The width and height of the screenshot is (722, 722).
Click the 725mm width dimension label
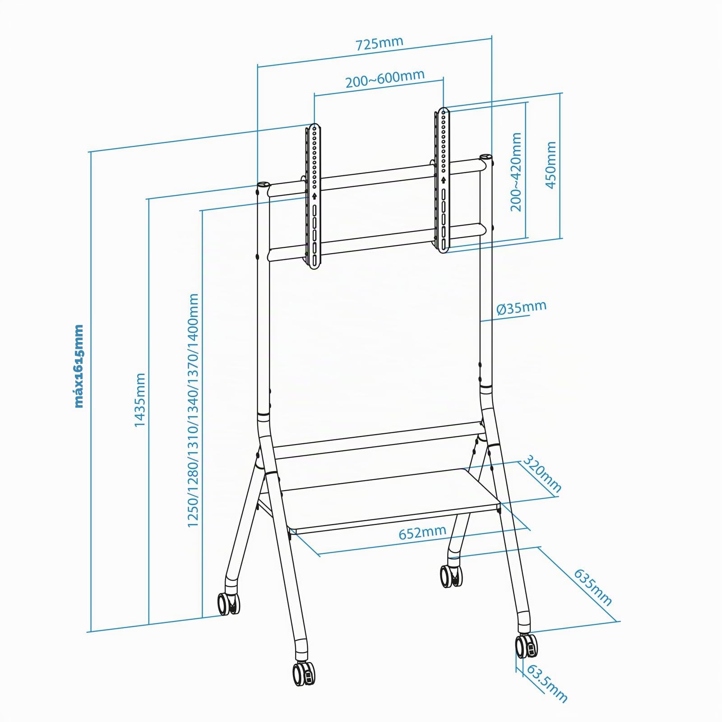click(380, 44)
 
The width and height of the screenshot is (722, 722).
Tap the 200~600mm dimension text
click(385, 79)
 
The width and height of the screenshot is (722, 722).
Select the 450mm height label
click(551, 165)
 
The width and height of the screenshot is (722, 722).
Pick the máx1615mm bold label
click(79, 366)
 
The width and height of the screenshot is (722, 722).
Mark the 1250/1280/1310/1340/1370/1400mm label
click(193, 410)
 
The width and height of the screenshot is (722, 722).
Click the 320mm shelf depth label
click(542, 473)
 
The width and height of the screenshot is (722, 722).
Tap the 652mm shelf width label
click(422, 532)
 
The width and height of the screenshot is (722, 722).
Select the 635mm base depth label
click(593, 587)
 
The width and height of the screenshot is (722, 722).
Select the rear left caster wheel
click(228, 603)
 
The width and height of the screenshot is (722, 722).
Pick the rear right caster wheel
click(451, 576)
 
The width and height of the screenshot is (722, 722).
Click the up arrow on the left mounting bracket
click(314, 196)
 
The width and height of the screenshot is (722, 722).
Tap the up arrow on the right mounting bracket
click(444, 180)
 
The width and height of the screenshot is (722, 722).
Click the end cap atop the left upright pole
click(263, 185)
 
